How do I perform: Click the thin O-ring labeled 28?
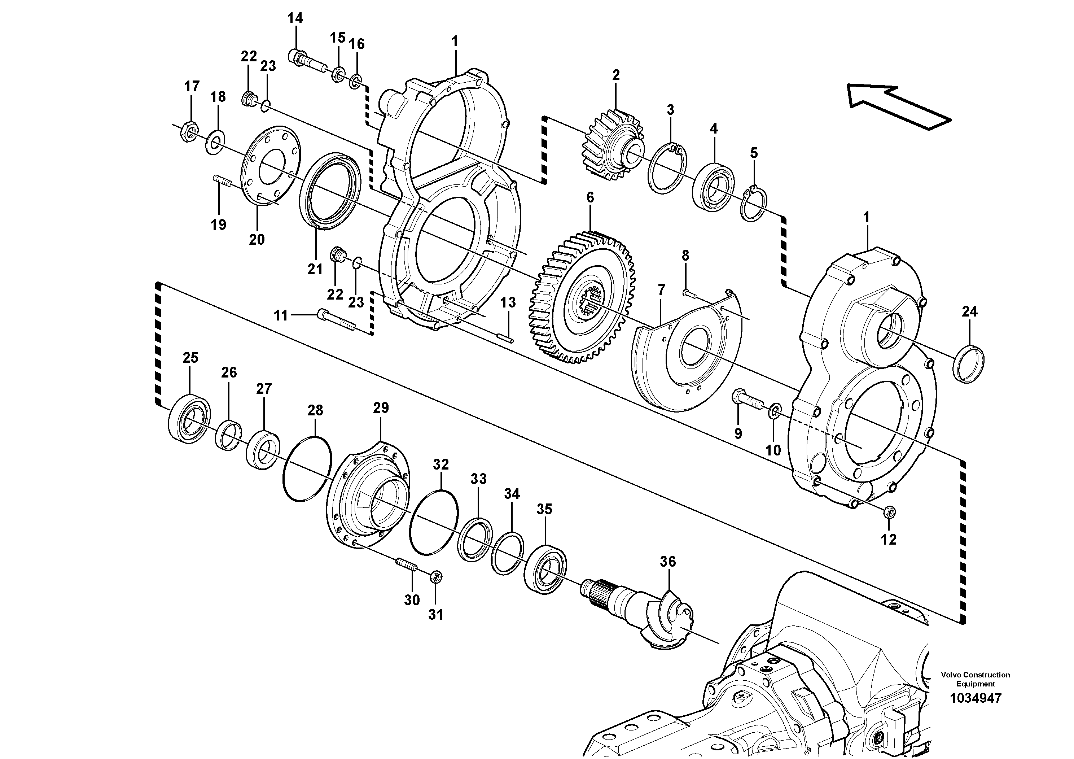307,469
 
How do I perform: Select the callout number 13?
508,303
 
